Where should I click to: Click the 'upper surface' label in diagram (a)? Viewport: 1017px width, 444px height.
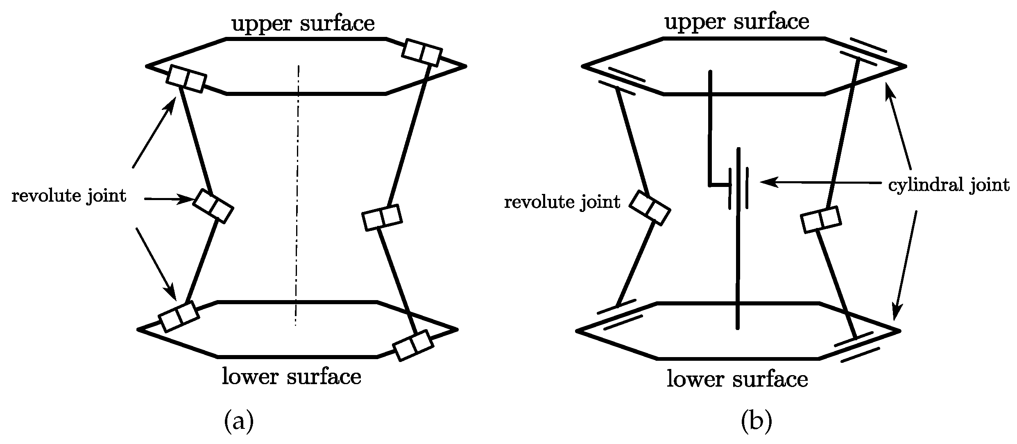point(303,24)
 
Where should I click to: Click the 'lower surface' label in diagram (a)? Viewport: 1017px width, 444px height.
point(292,376)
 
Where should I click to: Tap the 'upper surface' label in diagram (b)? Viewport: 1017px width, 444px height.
point(736,22)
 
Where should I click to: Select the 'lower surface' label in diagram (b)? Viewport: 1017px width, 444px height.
point(737,379)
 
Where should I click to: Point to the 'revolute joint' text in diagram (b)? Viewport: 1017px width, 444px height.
point(562,203)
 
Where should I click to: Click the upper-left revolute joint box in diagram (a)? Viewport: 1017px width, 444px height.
point(186,79)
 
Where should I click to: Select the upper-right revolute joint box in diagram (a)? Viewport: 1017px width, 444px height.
point(422,52)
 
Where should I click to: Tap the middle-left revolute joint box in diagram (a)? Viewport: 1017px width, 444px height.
point(213,206)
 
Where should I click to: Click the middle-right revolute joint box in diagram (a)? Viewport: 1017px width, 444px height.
point(382,217)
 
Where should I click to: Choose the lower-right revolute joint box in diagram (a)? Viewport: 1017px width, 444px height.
point(413,345)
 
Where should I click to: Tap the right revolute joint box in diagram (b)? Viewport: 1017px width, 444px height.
point(821,220)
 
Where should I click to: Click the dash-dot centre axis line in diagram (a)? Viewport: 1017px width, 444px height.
point(297,197)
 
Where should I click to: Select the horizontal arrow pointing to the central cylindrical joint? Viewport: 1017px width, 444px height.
point(819,182)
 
